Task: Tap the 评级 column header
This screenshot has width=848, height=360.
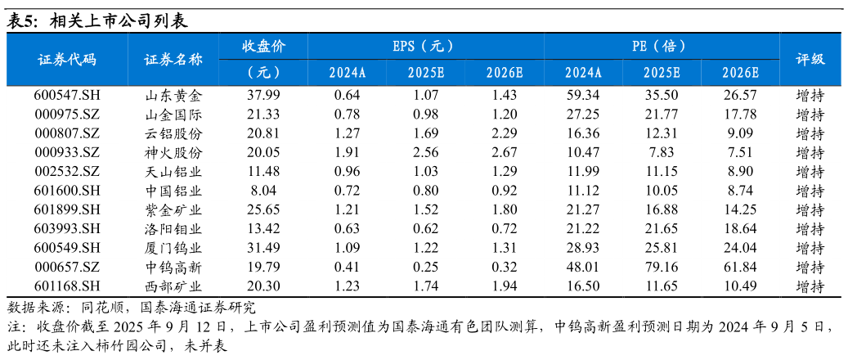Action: (810, 59)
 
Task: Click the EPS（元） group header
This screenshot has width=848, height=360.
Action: (425, 46)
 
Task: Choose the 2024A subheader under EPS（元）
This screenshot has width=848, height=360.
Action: (348, 72)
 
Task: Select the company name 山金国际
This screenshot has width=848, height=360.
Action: (173, 115)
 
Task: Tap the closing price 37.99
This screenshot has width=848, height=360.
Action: (263, 96)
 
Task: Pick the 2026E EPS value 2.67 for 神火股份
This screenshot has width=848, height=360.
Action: (505, 153)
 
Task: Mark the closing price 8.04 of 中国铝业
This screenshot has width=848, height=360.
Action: (263, 191)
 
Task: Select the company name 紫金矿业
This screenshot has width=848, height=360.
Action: (173, 209)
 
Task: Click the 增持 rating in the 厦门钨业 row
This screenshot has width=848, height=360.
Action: (810, 248)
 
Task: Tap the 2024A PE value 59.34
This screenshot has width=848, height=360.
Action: (583, 96)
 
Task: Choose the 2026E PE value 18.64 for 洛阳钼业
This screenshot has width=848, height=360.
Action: (740, 229)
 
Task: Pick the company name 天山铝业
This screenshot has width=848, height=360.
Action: (173, 172)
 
